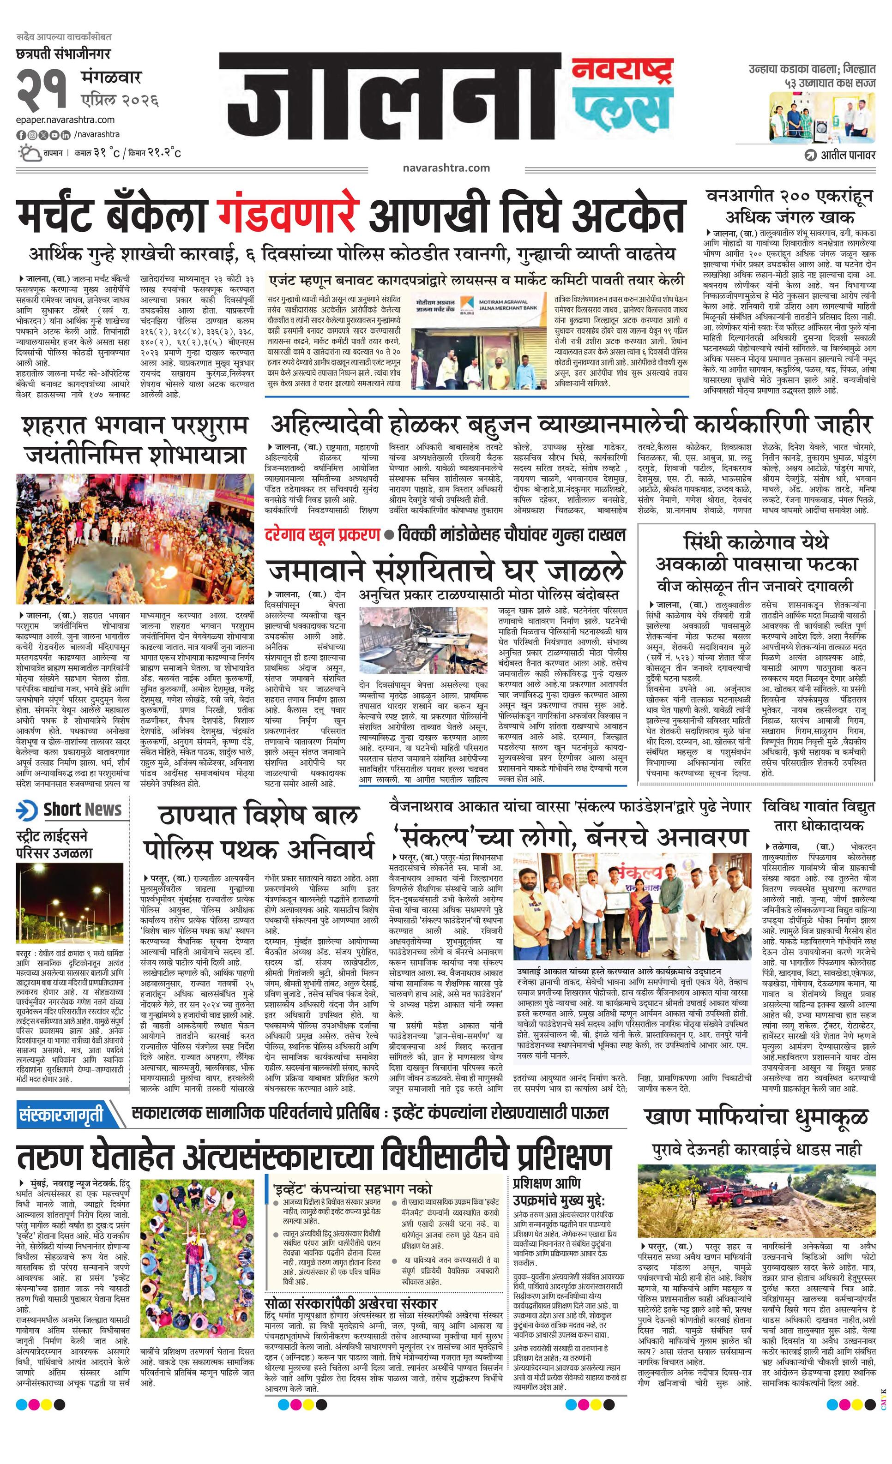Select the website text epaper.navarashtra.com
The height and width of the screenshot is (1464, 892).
tap(66, 120)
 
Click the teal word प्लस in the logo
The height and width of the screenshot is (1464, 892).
tap(621, 110)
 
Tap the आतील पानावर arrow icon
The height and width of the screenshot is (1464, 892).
tap(810, 156)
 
